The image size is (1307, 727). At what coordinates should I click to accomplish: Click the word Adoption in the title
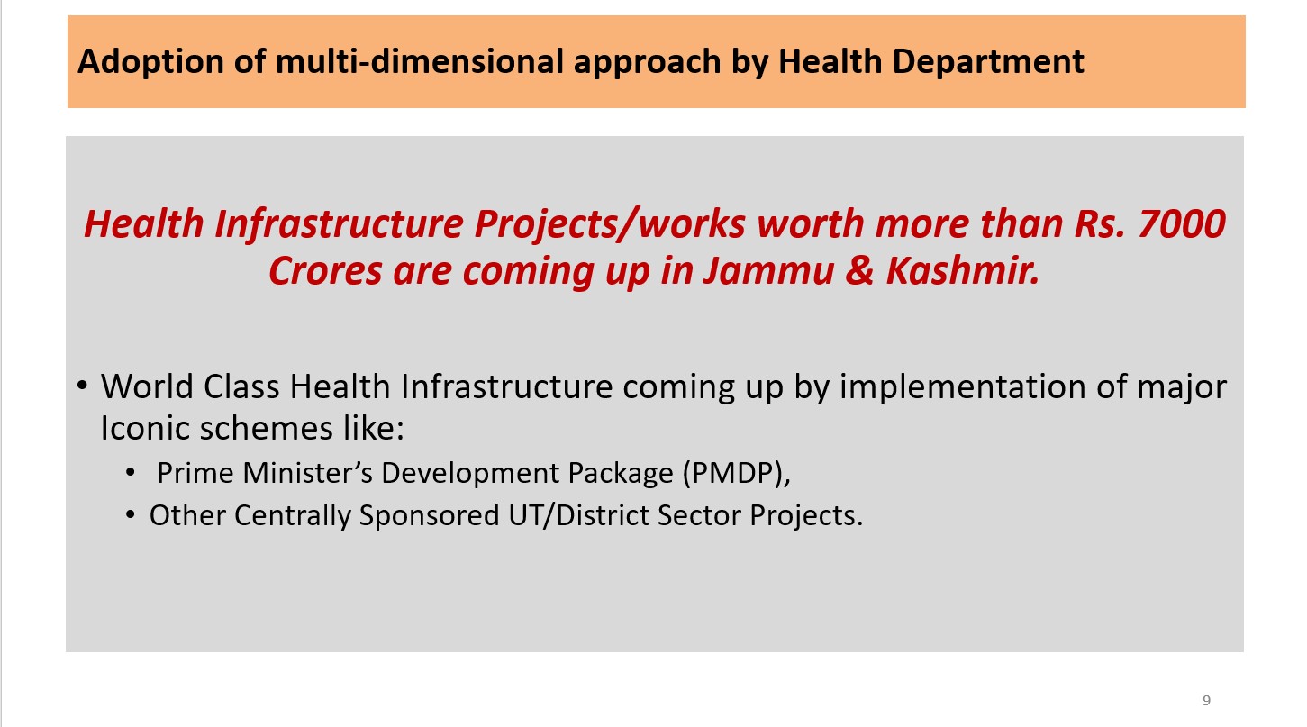pyautogui.click(x=150, y=62)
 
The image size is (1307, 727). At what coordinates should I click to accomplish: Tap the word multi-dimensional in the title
pyautogui.click(x=420, y=62)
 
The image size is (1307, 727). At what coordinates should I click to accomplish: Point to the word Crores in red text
pyautogui.click(x=325, y=271)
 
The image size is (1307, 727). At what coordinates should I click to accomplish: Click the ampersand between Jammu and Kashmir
pyautogui.click(x=859, y=271)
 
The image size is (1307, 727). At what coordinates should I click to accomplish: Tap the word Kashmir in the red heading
pyautogui.click(x=963, y=270)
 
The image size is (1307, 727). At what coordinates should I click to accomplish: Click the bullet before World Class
pyautogui.click(x=82, y=386)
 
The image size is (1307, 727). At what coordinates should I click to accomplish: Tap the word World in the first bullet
pyautogui.click(x=147, y=386)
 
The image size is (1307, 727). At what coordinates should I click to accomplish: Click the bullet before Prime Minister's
pyautogui.click(x=130, y=472)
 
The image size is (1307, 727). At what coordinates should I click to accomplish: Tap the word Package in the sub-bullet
pyautogui.click(x=621, y=474)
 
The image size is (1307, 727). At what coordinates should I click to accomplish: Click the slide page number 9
pyautogui.click(x=1207, y=700)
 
